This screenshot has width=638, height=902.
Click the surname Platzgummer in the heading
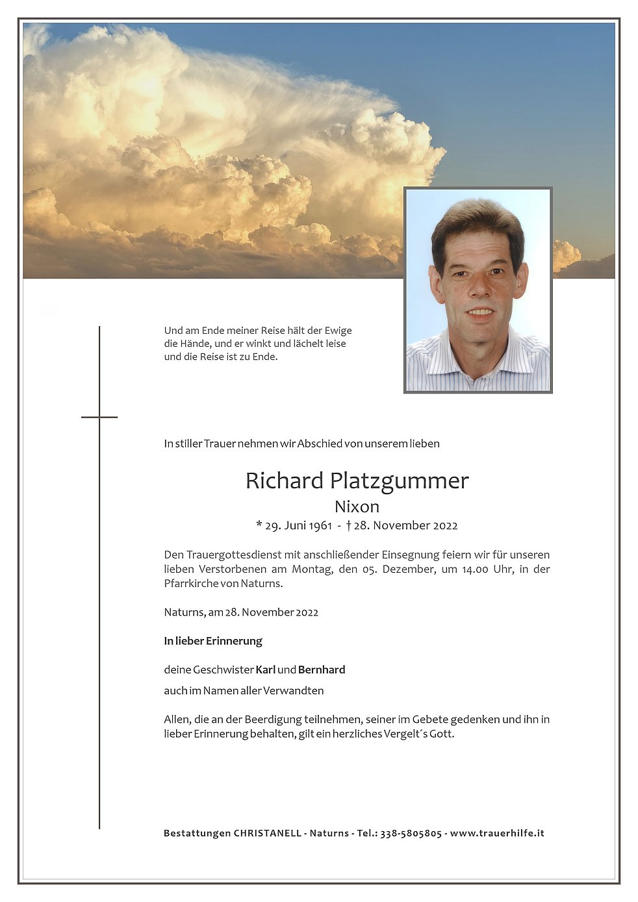point(399,481)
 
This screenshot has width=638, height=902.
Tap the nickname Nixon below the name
point(357,507)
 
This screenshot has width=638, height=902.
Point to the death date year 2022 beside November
point(444,525)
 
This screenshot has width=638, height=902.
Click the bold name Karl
point(265,670)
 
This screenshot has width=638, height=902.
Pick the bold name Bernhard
point(322,670)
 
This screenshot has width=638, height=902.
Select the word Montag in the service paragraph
point(311,569)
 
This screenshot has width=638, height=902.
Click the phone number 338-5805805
point(411,833)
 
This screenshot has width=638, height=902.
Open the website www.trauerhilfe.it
point(497,833)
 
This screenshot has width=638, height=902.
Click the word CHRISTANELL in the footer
point(267,833)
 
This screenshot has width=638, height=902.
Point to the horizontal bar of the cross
point(99,417)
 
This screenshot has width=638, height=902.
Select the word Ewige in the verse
point(338,331)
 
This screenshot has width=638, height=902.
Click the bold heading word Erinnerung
point(234,641)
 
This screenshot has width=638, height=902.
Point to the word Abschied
point(320,444)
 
